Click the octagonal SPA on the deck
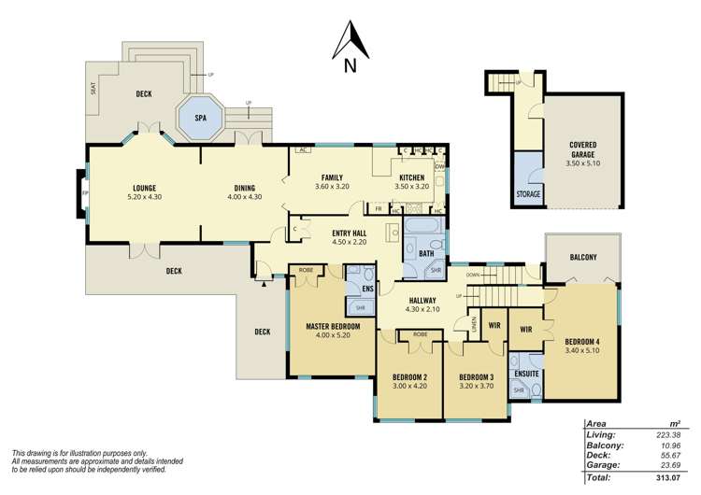click(x=200, y=119)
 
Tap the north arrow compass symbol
click(x=350, y=47)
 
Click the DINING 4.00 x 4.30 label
click(x=244, y=192)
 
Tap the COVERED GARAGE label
click(x=583, y=149)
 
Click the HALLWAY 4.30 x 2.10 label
click(x=422, y=304)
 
